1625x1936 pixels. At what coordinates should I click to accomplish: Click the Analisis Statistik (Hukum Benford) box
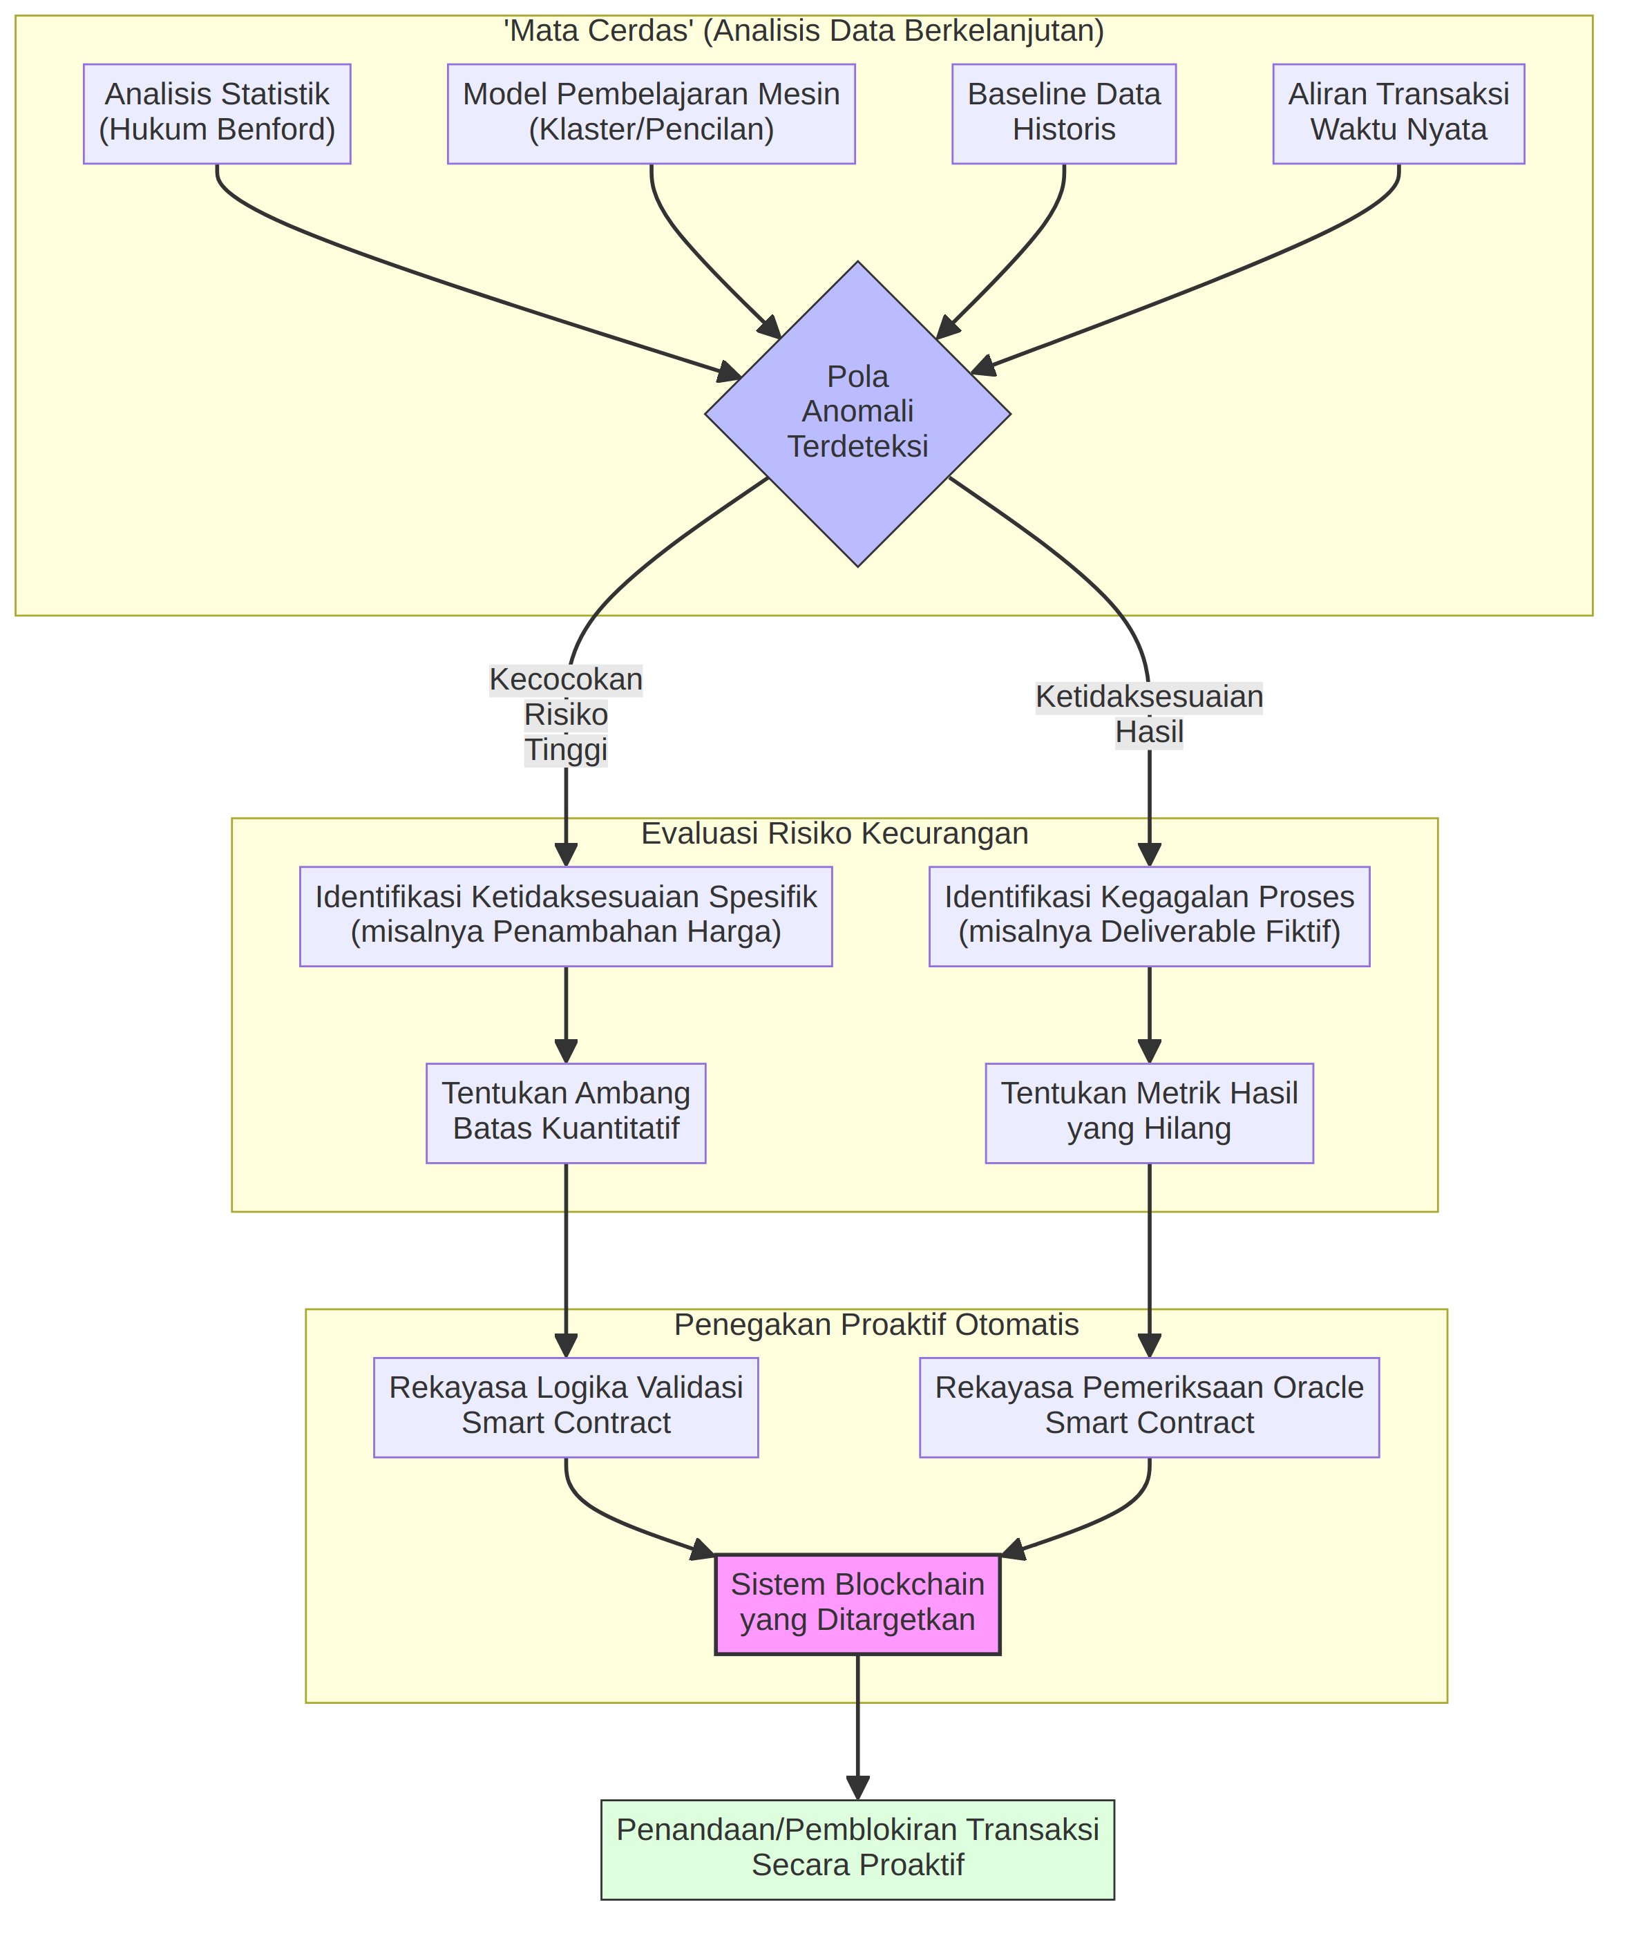coord(218,114)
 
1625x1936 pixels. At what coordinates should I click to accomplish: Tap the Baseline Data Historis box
coord(1065,114)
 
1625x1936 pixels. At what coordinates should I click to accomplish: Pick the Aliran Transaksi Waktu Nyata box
coord(1400,114)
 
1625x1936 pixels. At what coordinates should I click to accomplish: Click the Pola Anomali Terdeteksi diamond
coord(859,414)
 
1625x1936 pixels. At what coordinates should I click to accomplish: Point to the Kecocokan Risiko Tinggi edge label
coord(567,714)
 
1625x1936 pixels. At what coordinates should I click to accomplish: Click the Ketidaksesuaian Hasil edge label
coord(1150,714)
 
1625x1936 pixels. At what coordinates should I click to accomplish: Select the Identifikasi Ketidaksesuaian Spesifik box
coord(567,916)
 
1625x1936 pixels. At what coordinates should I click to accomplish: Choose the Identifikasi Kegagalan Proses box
coord(1150,916)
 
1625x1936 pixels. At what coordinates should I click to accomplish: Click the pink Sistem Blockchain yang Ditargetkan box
coord(859,1605)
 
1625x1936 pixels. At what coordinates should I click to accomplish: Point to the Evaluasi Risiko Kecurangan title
coord(836,833)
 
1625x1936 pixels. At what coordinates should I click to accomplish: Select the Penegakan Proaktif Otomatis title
coord(877,1325)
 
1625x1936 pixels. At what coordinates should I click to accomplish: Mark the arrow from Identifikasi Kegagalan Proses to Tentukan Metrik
coord(1150,1015)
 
